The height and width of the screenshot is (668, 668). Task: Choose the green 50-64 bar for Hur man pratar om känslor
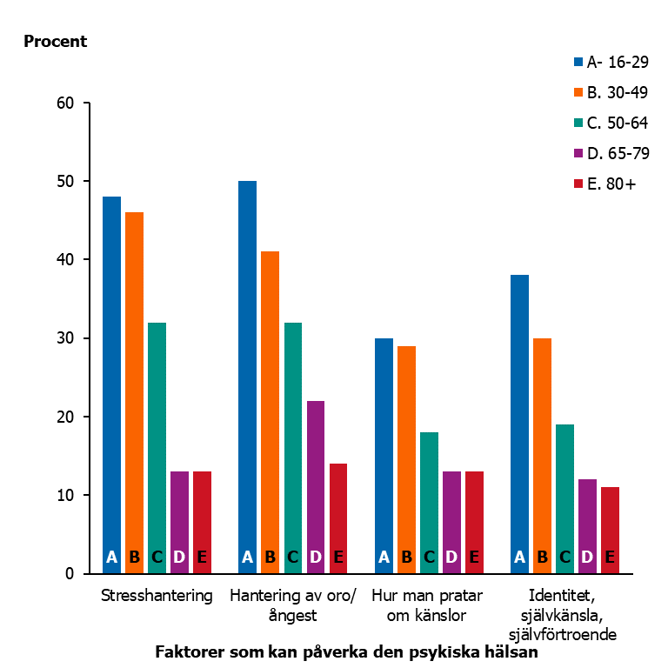[x=429, y=496]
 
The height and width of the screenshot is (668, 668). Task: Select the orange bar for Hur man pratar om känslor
[x=406, y=452]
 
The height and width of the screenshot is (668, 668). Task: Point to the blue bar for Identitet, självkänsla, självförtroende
[x=519, y=417]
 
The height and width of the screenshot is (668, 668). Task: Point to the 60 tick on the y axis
[x=68, y=103]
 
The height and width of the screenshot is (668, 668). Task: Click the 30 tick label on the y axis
[x=68, y=338]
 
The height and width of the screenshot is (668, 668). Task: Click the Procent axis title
[x=56, y=41]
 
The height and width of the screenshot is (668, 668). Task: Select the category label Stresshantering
[x=157, y=597]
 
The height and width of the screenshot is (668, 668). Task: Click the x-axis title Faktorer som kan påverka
[x=347, y=651]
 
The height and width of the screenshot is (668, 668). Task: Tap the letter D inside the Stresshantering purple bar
[x=179, y=558]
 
